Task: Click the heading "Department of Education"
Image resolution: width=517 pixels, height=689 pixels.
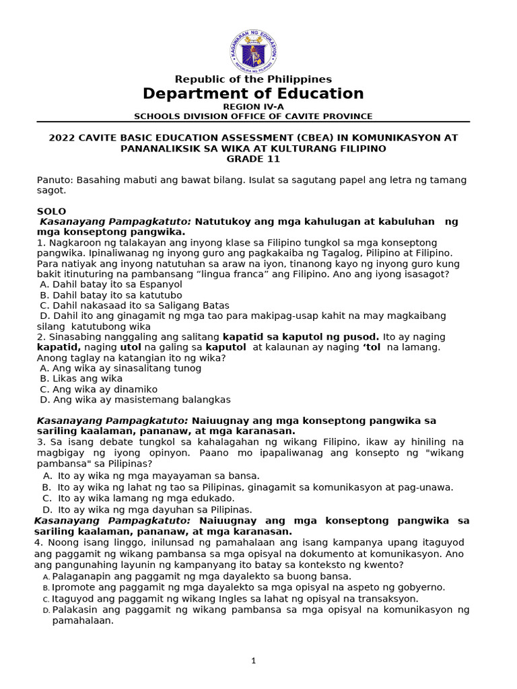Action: click(x=253, y=94)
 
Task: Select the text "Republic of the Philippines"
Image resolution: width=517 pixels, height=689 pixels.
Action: click(x=253, y=79)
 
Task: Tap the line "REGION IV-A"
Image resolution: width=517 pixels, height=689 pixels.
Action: click(x=253, y=106)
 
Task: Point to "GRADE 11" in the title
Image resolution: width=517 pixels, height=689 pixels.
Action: click(x=253, y=159)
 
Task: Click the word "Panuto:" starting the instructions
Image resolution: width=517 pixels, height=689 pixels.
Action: click(x=55, y=180)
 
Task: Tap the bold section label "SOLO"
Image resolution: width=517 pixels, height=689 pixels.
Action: click(x=51, y=211)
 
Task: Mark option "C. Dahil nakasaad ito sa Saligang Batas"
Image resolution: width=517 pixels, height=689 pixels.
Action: click(x=135, y=305)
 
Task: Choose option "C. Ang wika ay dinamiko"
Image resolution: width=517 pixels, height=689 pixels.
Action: click(x=99, y=390)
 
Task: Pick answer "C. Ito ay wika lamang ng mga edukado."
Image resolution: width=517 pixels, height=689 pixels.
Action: click(x=138, y=499)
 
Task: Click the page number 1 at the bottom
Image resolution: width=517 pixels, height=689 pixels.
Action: click(x=253, y=661)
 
